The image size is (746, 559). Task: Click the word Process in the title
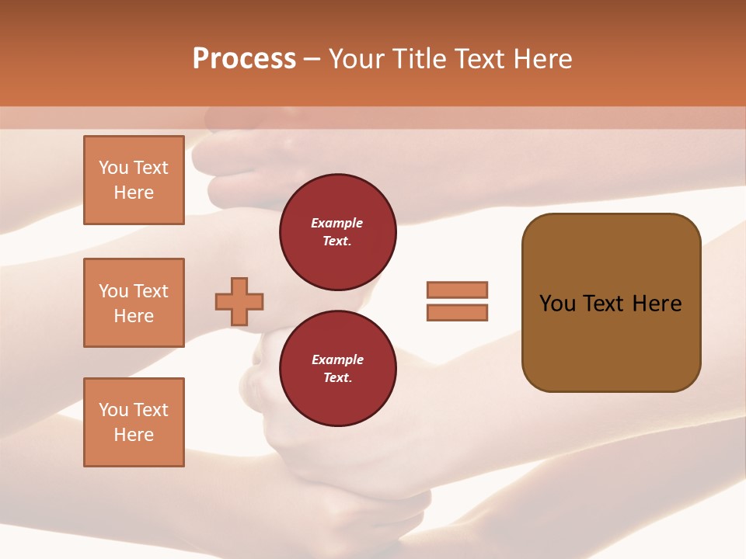click(244, 59)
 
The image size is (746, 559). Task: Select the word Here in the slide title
click(542, 59)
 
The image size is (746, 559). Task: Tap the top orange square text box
click(134, 180)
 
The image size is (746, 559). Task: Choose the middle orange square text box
click(134, 303)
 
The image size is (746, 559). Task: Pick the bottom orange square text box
click(134, 422)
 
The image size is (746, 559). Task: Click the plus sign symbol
click(239, 301)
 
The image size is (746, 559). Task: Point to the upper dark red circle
click(337, 232)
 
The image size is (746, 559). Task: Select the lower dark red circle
click(337, 369)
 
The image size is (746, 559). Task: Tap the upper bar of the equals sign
click(457, 290)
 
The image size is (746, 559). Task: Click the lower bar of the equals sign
click(457, 312)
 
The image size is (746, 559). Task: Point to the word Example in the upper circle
click(337, 224)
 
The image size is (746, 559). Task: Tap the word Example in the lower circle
click(337, 360)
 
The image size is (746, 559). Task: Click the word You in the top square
click(113, 168)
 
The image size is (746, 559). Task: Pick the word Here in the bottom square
click(134, 435)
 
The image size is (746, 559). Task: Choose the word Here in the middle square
click(134, 316)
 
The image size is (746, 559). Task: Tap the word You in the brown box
click(557, 304)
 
